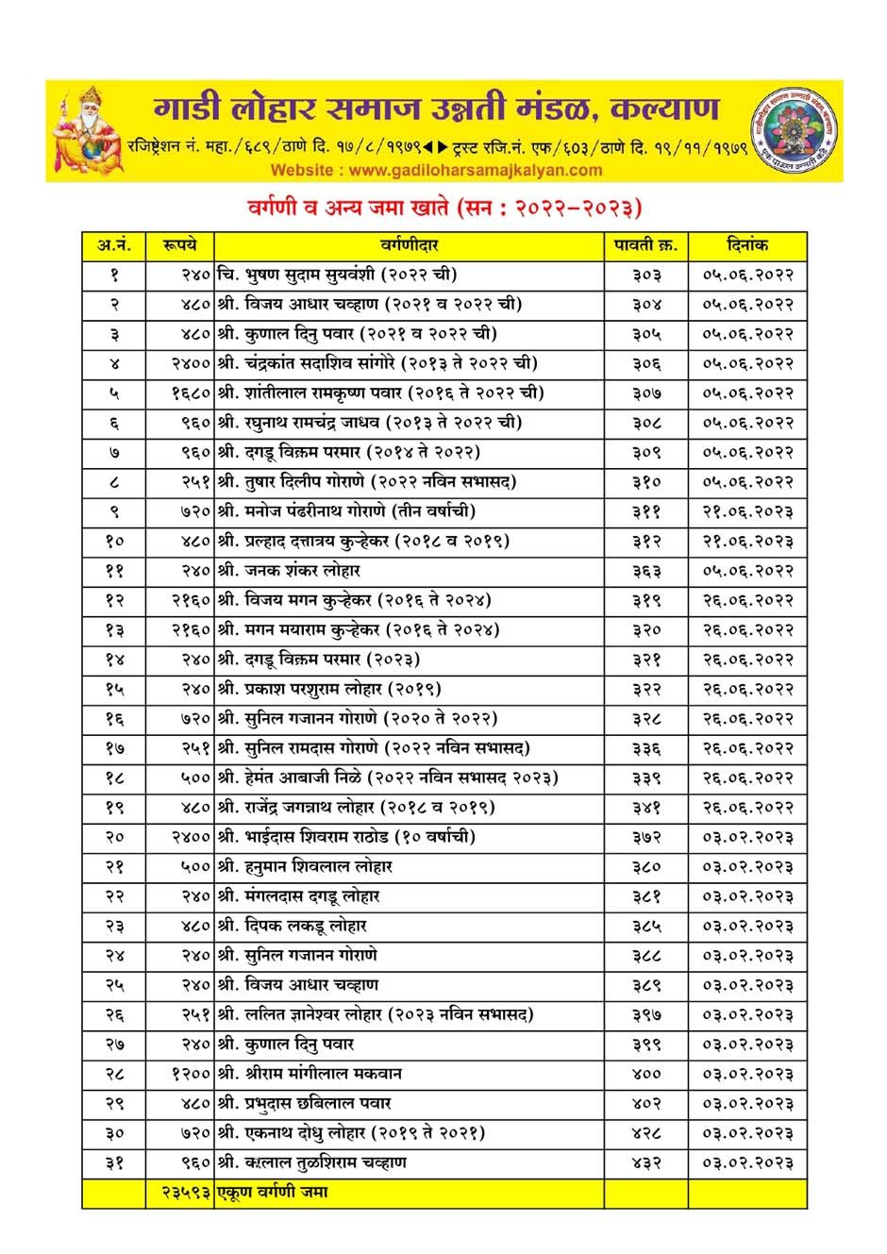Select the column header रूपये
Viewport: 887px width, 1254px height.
coord(179,245)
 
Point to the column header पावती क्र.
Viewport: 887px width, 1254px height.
coord(645,245)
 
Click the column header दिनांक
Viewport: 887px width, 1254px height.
coord(747,245)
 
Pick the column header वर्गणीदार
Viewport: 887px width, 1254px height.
coord(410,245)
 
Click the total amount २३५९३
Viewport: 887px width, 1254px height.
coord(179,1193)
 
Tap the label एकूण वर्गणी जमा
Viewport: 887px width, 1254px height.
coord(274,1193)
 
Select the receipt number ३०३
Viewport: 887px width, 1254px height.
coord(646,275)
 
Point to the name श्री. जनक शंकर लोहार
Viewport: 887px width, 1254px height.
coord(289,571)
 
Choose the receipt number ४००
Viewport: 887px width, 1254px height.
coord(646,1074)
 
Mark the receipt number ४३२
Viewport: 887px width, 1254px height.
coord(646,1162)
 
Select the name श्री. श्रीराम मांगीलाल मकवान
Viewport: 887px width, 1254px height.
coord(310,1074)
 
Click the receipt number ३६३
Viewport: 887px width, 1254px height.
coord(646,571)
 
